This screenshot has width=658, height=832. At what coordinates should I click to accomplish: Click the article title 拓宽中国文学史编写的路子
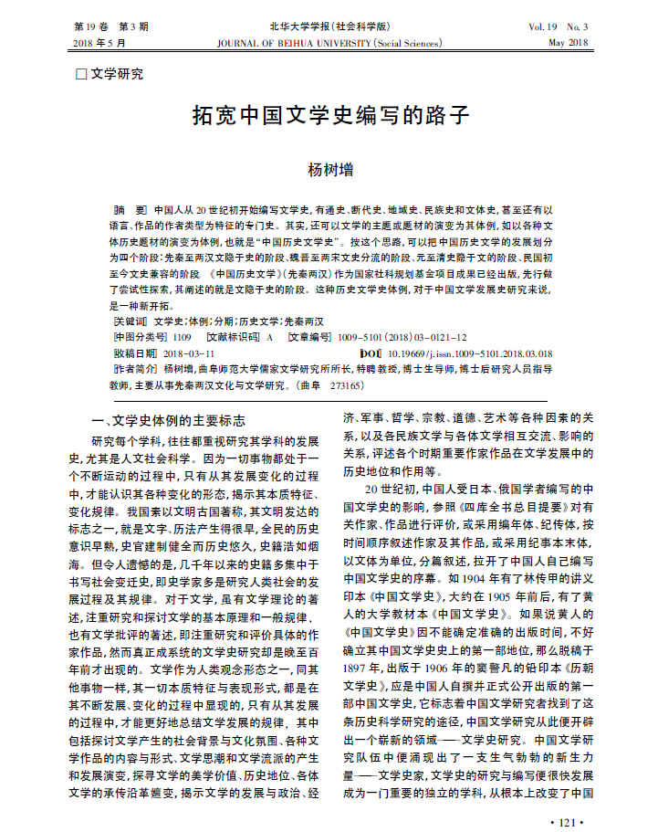tap(329, 116)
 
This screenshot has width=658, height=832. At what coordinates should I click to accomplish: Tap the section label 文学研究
tap(116, 74)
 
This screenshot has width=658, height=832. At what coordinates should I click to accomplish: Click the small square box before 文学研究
tap(80, 74)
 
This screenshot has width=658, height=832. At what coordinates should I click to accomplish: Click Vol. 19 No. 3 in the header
tap(558, 26)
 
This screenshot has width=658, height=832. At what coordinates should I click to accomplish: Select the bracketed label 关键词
tap(129, 321)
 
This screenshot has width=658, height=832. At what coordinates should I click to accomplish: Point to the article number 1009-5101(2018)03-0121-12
tap(402, 336)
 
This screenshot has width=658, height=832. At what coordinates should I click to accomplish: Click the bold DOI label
tap(371, 352)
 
